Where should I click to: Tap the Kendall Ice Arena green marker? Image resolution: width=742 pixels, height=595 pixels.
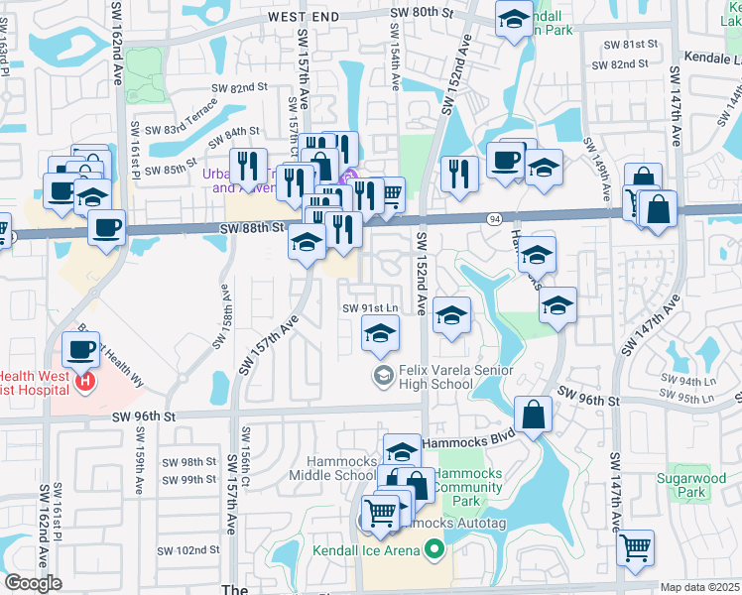[433, 547]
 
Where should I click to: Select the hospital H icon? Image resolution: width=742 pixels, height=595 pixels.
[86, 380]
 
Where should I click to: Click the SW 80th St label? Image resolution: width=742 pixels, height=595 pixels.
[420, 12]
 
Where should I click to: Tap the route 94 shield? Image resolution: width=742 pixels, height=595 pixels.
[493, 217]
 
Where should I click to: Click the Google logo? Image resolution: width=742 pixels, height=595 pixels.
[33, 583]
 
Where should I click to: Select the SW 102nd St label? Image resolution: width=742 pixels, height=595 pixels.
[189, 549]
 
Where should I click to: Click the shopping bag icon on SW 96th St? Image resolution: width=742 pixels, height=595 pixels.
[534, 416]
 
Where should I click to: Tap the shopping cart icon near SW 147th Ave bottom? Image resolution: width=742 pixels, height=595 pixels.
[635, 547]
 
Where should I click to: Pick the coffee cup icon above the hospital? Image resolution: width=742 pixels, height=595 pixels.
[80, 348]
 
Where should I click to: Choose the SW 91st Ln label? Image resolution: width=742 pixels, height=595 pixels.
[370, 307]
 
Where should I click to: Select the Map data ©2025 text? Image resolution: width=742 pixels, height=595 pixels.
[699, 587]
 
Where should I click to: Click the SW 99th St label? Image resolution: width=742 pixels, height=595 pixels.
[190, 480]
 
